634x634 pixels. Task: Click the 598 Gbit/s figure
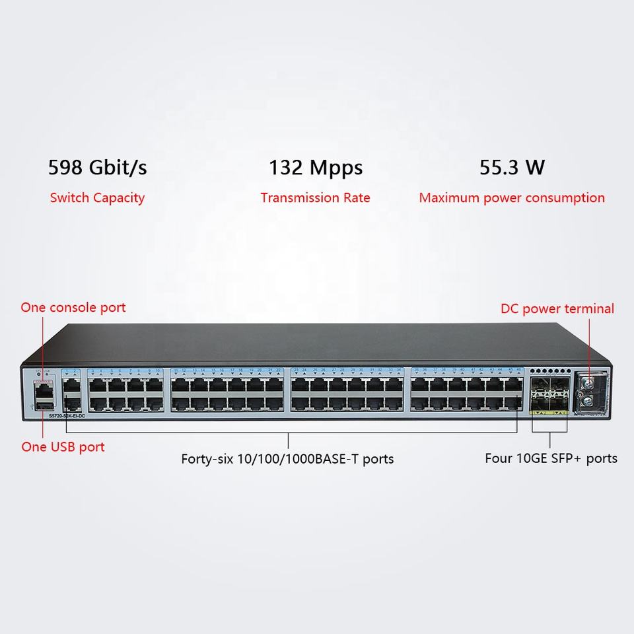coord(98,168)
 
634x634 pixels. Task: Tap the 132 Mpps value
coord(315,168)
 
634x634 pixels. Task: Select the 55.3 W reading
coord(512,168)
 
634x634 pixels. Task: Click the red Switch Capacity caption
coord(97,197)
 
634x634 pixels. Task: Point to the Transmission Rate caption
coord(315,197)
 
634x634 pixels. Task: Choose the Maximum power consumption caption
coord(512,197)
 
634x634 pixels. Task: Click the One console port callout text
coord(73,307)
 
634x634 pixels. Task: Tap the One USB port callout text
coord(63,446)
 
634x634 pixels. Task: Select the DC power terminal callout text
coord(557,308)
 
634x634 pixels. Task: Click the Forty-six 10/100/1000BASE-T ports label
coord(287,458)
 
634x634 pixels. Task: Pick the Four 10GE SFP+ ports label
coord(551,458)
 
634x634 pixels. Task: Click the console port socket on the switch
coord(44,389)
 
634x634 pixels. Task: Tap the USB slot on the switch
coord(44,405)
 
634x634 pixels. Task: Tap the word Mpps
coord(336,168)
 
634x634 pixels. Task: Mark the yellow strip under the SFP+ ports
coord(548,414)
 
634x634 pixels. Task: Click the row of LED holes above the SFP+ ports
coord(548,371)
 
